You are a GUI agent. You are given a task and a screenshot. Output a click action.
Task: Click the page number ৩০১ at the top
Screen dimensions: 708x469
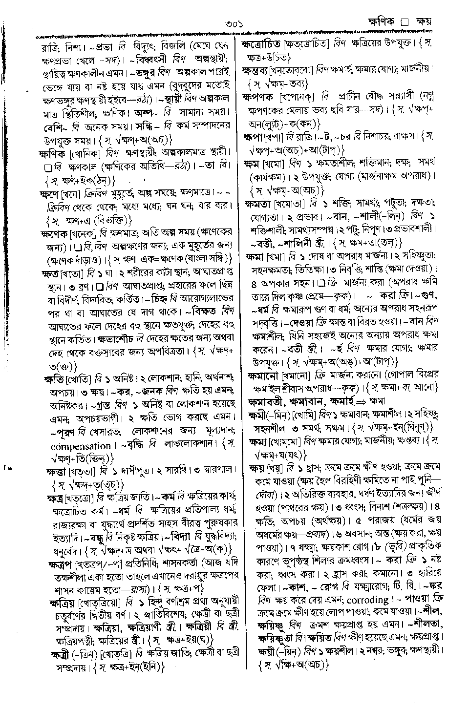(x=234, y=23)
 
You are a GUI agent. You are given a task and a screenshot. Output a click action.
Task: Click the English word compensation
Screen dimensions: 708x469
(x=81, y=446)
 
